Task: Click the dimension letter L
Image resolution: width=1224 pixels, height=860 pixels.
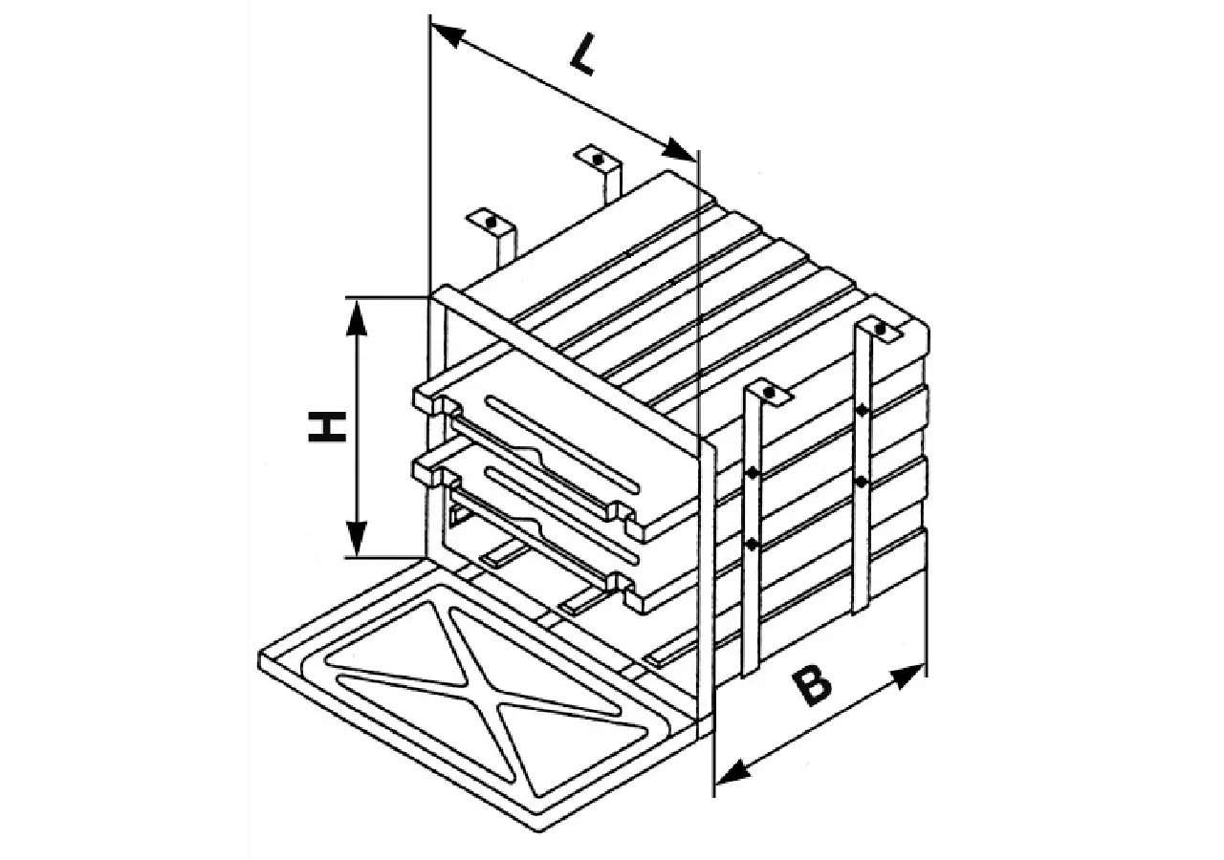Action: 582,55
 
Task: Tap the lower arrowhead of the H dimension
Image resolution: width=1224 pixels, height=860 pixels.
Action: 357,538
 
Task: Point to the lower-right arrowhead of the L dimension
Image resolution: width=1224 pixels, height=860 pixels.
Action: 680,149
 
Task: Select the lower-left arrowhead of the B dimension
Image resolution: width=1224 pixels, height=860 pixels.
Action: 732,770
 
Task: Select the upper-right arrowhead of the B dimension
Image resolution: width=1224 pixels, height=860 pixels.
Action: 907,676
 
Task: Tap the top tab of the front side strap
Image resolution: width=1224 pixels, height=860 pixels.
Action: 768,393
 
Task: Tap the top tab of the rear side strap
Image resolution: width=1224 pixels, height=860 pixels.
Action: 879,330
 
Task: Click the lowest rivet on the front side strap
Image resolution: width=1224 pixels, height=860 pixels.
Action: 752,544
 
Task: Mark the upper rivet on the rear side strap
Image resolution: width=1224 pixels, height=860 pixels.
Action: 862,410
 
